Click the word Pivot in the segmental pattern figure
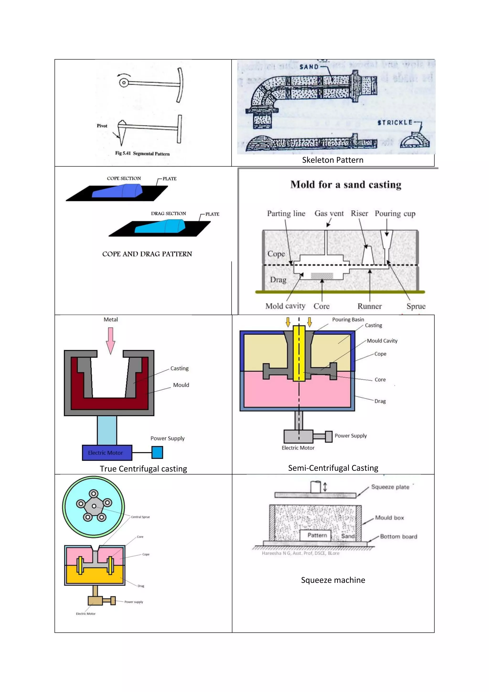click(102, 126)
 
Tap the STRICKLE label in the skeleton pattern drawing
click(395, 123)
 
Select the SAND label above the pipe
click(309, 67)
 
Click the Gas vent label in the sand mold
click(329, 213)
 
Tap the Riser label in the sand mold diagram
click(359, 213)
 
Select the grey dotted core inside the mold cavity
click(322, 276)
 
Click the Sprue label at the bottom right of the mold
click(416, 306)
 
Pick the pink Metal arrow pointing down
click(111, 340)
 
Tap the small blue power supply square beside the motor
click(157, 452)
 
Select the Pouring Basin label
click(348, 319)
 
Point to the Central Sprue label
click(140, 517)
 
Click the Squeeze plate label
click(390, 487)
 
